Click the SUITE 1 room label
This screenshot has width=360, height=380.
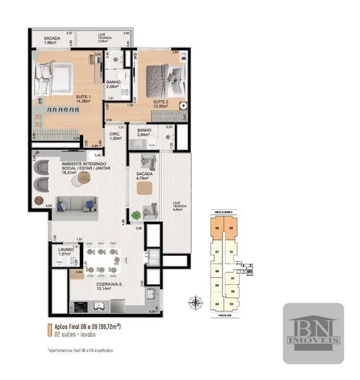(x=83, y=97)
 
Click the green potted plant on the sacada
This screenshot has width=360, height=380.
(x=136, y=216)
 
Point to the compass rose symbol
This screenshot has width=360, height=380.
(x=196, y=302)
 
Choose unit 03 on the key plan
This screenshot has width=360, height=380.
(x=232, y=304)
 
